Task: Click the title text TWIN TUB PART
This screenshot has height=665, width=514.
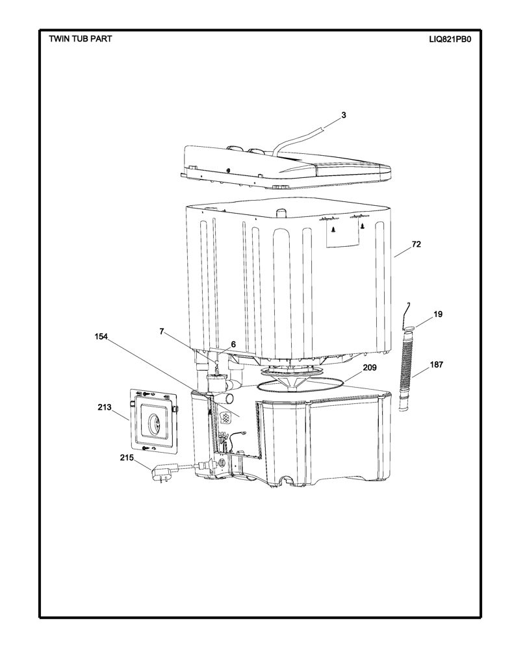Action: click(x=80, y=38)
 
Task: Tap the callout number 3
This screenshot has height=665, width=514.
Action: click(x=344, y=115)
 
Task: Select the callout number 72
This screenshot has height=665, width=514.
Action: click(x=417, y=245)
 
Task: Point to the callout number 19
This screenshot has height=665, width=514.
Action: click(x=437, y=314)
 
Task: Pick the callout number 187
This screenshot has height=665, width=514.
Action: click(x=436, y=364)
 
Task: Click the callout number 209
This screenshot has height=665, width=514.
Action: click(x=369, y=368)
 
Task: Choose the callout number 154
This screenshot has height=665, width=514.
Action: click(x=101, y=336)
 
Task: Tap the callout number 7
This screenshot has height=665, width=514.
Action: click(x=161, y=331)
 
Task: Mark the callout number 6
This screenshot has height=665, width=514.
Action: click(x=233, y=344)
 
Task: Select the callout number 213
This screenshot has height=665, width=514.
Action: click(x=104, y=407)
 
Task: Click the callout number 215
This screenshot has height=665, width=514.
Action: click(x=127, y=458)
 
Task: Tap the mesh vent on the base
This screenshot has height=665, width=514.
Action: click(x=225, y=416)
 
